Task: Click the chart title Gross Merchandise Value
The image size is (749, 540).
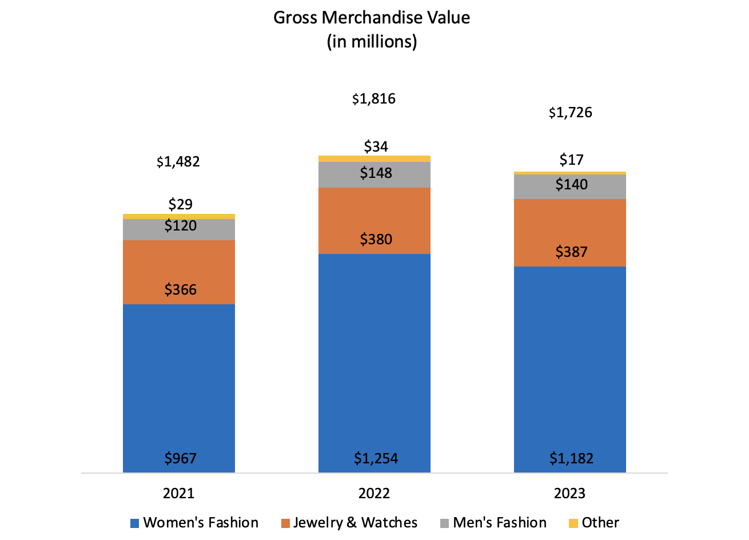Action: [x=372, y=18]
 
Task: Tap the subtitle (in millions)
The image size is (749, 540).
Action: [x=372, y=42]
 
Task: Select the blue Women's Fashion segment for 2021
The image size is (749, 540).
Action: [x=179, y=378]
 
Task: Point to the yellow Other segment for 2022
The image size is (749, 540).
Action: [x=374, y=158]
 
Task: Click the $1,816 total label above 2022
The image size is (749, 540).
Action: [x=374, y=99]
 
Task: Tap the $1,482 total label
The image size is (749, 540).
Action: [x=178, y=162]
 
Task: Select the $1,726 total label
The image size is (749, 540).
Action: [x=570, y=113]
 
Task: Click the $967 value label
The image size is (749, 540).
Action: [x=180, y=458]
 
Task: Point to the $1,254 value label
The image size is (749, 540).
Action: [x=376, y=458]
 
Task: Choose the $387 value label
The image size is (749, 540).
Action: [x=571, y=252]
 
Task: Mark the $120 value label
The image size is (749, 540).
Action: [x=180, y=225]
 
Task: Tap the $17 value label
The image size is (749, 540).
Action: [x=571, y=160]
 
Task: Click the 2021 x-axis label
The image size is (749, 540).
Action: [x=178, y=493]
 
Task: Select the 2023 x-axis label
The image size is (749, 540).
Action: [x=569, y=493]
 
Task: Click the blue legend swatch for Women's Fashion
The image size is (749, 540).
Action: [x=135, y=523]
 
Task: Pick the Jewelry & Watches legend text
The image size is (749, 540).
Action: [x=355, y=523]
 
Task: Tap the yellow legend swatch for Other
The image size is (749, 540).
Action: [x=573, y=523]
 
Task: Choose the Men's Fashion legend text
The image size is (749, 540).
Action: [x=500, y=523]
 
